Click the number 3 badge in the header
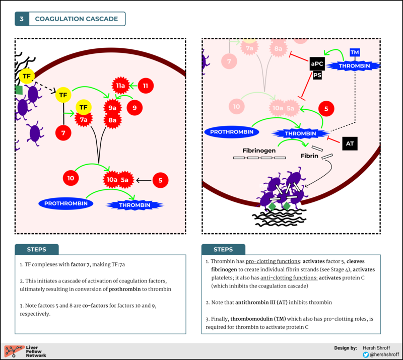(x=22, y=19)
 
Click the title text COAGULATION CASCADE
(x=76, y=19)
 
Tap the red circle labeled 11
(x=146, y=86)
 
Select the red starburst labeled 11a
(x=121, y=86)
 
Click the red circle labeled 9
(x=135, y=107)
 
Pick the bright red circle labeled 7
(x=63, y=133)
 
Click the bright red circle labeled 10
(x=71, y=178)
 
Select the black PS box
(x=317, y=76)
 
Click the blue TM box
(x=355, y=52)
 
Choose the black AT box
(x=350, y=143)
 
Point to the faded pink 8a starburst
(x=277, y=48)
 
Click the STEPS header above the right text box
(x=223, y=249)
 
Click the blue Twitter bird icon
(x=366, y=354)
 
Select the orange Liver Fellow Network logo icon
(x=12, y=351)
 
